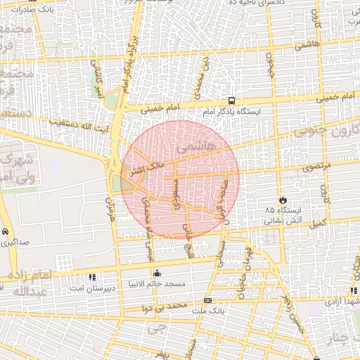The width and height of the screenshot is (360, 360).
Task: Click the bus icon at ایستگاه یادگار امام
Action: (231, 101)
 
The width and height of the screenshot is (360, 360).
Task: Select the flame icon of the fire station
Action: (283, 200)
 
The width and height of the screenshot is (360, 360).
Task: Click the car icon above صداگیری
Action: (5, 231)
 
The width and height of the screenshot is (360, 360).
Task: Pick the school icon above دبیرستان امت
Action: (92, 276)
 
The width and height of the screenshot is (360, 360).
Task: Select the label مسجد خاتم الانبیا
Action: (156, 284)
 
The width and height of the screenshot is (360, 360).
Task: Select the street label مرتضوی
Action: (301, 168)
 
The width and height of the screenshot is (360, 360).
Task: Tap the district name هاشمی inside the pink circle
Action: (192, 149)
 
